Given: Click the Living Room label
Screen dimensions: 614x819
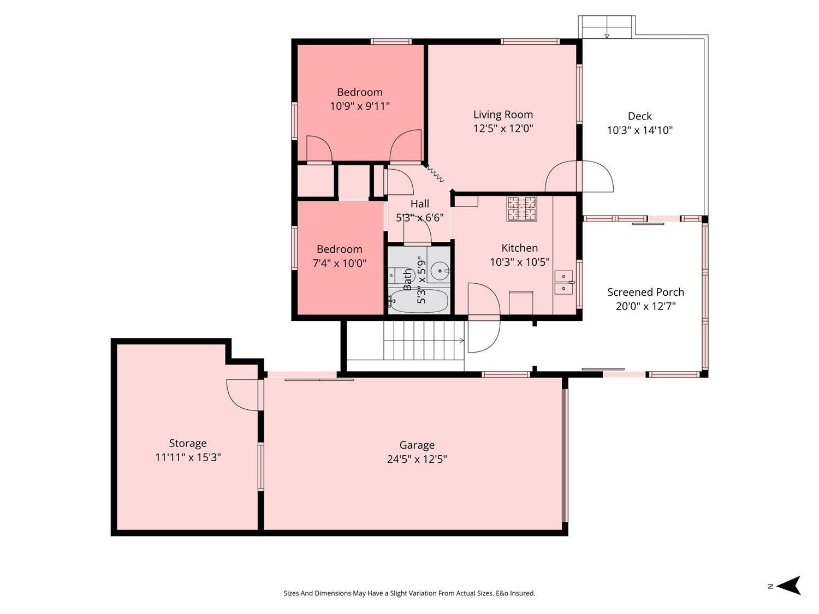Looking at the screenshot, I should pyautogui.click(x=503, y=115).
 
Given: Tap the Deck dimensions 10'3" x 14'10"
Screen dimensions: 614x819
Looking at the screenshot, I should pyautogui.click(x=639, y=130).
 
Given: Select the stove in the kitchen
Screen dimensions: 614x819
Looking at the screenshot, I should pyautogui.click(x=521, y=208).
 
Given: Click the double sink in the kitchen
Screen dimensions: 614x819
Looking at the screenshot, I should pyautogui.click(x=563, y=282).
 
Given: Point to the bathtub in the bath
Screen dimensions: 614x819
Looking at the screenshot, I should pyautogui.click(x=419, y=301).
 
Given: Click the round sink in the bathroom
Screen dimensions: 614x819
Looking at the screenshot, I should pyautogui.click(x=439, y=270).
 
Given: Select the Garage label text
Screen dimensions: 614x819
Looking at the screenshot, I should pyautogui.click(x=417, y=445).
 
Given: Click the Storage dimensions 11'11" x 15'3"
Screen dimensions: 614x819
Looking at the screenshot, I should pyautogui.click(x=188, y=457).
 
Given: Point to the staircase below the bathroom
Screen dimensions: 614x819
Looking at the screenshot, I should pyautogui.click(x=424, y=339).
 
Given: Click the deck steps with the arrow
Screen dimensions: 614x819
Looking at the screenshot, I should pyautogui.click(x=607, y=27).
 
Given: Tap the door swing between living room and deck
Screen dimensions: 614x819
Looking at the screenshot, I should pyautogui.click(x=580, y=176).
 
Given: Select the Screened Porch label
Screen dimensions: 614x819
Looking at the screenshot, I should pyautogui.click(x=645, y=292).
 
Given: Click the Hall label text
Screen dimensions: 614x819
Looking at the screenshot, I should pyautogui.click(x=419, y=204).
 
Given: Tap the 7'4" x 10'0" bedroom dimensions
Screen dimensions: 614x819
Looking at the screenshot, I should pyautogui.click(x=339, y=263).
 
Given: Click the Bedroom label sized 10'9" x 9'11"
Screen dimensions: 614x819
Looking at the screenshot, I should pyautogui.click(x=359, y=92).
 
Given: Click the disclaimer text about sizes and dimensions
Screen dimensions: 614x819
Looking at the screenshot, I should pyautogui.click(x=409, y=593).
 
